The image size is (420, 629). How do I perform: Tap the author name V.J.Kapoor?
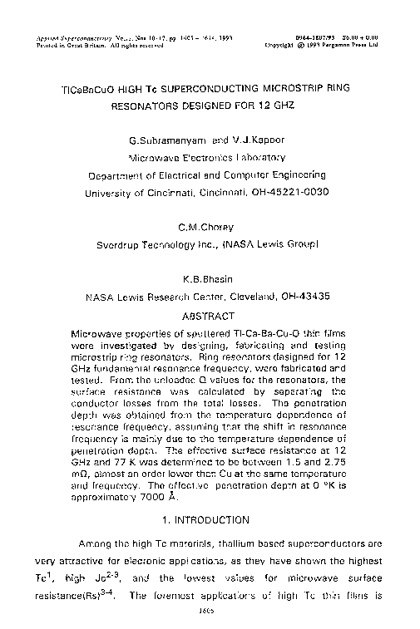[x=246, y=139]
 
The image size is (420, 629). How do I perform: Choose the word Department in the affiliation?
[x=123, y=174]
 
